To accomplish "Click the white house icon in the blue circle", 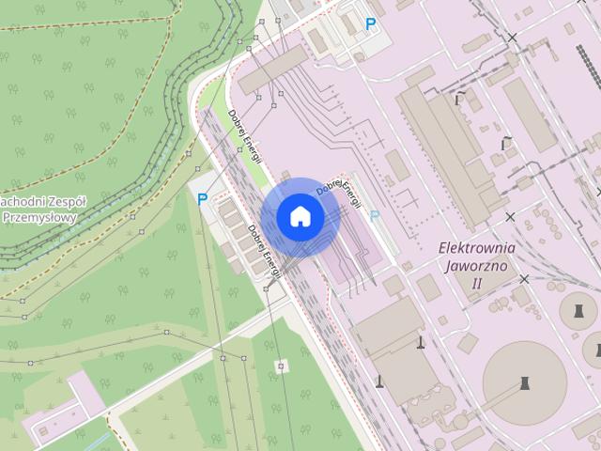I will click(x=300, y=217).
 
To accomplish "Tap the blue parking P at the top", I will click(x=372, y=25).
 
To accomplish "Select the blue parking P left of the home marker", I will click(x=202, y=199).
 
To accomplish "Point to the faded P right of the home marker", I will click(x=375, y=217).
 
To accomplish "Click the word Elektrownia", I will click(x=477, y=248).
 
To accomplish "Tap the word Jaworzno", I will click(x=477, y=265).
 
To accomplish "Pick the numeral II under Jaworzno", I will click(x=476, y=282).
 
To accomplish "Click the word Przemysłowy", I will click(x=39, y=217).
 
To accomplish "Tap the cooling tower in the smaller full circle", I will click(x=578, y=309).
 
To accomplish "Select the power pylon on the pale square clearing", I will click(x=280, y=365).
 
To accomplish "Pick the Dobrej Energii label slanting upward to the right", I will click(x=339, y=183).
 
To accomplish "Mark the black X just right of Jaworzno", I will click(x=524, y=279).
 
